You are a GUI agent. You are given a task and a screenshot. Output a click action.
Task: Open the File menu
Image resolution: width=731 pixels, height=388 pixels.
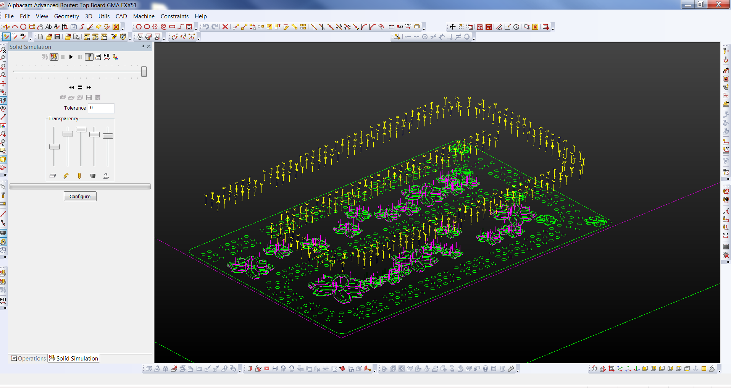pos(9,16)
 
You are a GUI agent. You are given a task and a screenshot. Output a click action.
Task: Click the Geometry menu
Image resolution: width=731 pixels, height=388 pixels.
pos(66,16)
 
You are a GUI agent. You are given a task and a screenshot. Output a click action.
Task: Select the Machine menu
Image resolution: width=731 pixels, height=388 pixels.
pos(144,16)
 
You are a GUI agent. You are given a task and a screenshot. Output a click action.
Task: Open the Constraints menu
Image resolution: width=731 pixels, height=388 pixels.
pos(174,16)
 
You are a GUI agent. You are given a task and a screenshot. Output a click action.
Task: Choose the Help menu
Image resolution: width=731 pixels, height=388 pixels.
pos(200,16)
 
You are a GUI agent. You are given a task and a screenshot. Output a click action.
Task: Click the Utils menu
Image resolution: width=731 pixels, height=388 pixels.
pos(104,16)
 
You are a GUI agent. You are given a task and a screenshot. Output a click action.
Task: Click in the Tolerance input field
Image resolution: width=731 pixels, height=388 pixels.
pos(101,108)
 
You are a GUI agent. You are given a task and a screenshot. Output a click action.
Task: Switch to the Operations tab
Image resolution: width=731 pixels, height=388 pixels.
pos(29,358)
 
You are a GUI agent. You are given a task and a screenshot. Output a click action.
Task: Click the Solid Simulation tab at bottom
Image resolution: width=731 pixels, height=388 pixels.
pos(74,358)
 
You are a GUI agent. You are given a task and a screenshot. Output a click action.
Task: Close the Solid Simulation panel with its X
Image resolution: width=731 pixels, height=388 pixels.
pos(149,46)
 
